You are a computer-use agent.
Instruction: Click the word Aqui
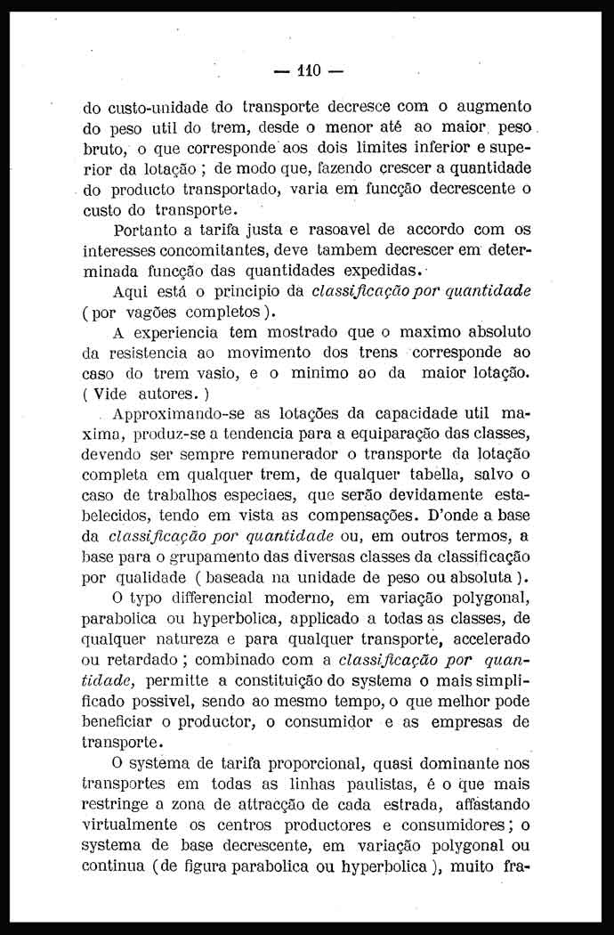pos(133,291)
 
